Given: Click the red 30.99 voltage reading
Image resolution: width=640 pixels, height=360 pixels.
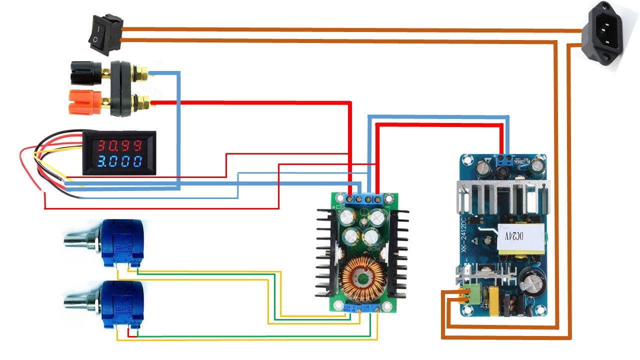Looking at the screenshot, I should pyautogui.click(x=119, y=145).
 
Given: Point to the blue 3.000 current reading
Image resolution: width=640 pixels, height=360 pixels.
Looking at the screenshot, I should pyautogui.click(x=119, y=162).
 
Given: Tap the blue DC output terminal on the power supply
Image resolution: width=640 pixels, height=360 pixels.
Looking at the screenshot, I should pyautogui.click(x=505, y=160).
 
